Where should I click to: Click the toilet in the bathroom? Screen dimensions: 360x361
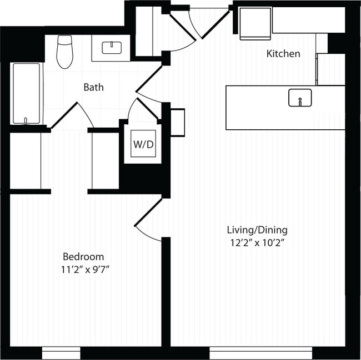tap(65, 52)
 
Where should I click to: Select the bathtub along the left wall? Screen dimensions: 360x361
tap(27, 93)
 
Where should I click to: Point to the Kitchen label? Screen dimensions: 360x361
tap(283, 54)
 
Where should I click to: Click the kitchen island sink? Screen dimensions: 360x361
tap(300, 98)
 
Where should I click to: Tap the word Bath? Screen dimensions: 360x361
tap(93, 87)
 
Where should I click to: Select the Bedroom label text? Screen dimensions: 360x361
tap(83, 257)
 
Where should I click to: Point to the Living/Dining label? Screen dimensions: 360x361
tap(257, 230)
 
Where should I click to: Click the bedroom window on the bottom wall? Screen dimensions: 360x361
tap(61, 353)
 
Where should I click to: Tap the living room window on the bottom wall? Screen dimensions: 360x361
tap(260, 353)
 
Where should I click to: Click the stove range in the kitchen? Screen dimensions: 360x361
tap(255, 24)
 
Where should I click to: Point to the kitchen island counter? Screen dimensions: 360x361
tap(261, 108)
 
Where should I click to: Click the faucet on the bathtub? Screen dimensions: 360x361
tap(26, 120)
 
